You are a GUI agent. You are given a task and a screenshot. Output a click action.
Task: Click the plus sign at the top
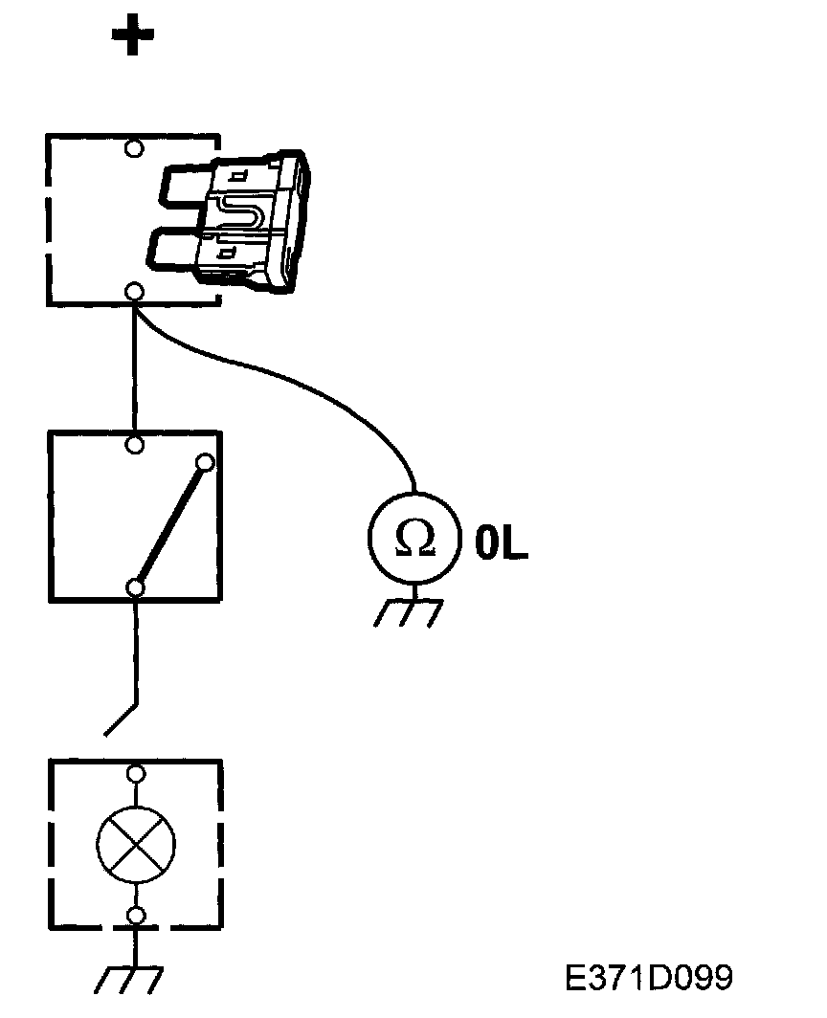coord(133,37)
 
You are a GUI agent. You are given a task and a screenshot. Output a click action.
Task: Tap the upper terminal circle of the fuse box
coord(135,148)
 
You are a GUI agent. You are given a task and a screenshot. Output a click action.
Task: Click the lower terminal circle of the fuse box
coord(135,291)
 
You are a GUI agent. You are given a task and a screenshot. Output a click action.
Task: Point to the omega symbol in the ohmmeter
coord(414,540)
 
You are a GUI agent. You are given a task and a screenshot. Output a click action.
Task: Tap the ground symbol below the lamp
coord(131,979)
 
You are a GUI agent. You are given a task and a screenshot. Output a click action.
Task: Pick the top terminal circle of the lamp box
coord(136,772)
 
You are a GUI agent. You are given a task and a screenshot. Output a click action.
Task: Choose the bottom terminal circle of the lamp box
coord(136,917)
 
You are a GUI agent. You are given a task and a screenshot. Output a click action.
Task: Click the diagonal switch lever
coord(170,525)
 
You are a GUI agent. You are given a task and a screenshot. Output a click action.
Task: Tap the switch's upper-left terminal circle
coord(135,445)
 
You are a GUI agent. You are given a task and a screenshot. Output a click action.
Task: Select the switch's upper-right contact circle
coord(204,464)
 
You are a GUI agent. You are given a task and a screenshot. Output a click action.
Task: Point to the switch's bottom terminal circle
coord(136,587)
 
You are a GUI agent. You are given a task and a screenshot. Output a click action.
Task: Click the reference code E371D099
coord(649,978)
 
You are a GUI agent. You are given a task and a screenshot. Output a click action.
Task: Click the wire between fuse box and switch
coord(135,368)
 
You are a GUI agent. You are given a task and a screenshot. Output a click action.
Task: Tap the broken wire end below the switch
coord(121,720)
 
